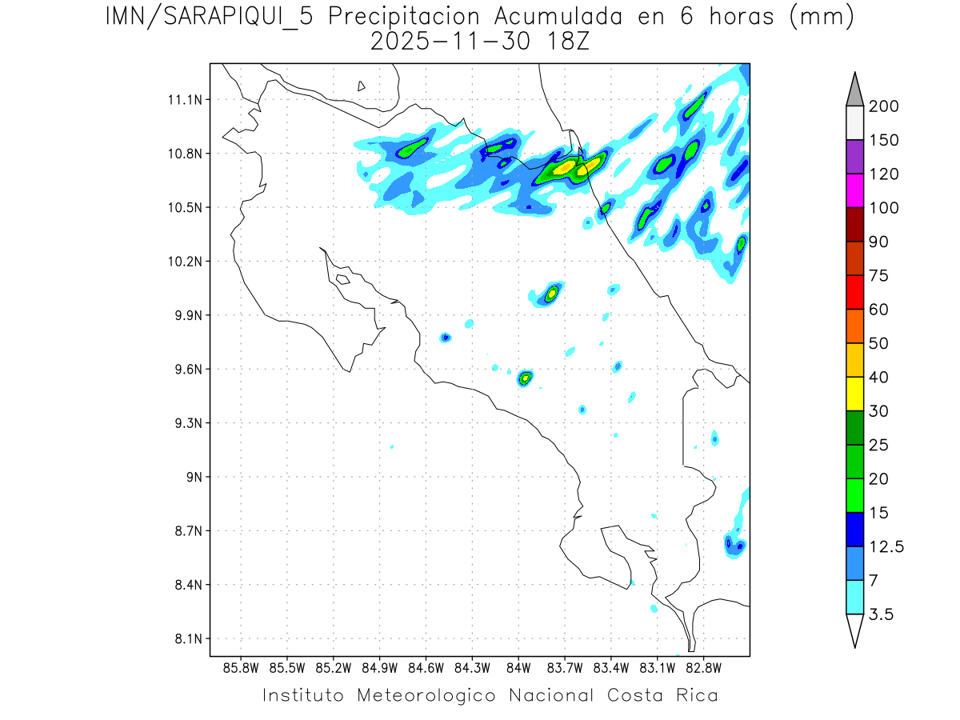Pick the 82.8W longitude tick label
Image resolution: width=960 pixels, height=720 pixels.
click(x=703, y=667)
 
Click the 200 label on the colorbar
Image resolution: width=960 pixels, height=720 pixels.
click(x=884, y=106)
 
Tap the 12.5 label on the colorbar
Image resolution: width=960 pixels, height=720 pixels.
click(x=886, y=547)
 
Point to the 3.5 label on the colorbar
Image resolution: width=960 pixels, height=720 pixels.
click(x=881, y=614)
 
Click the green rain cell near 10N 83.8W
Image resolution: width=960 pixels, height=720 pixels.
click(x=551, y=294)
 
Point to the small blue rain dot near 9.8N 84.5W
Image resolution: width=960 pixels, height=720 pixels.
click(x=446, y=338)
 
